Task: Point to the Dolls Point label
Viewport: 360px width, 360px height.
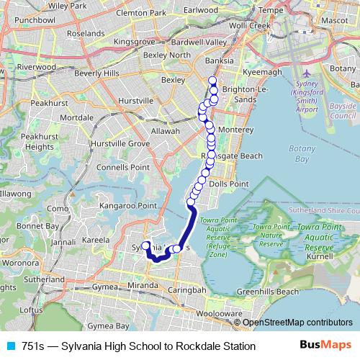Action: coord(228,184)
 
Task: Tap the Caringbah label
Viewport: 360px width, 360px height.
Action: coord(189,289)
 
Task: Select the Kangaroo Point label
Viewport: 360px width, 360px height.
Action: coord(127,206)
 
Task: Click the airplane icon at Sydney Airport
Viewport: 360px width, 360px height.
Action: coord(307,74)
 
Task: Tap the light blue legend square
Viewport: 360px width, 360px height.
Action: coord(9,346)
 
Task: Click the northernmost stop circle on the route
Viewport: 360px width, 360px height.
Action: coord(212,81)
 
